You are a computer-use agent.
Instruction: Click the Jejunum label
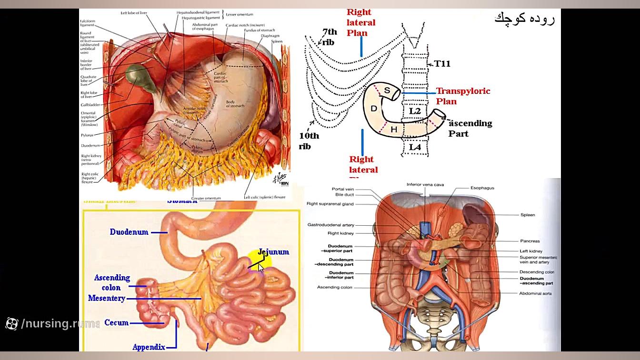pyautogui.click(x=273, y=252)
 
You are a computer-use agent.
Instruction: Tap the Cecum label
pyautogui.click(x=116, y=323)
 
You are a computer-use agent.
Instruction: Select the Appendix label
pyautogui.click(x=149, y=347)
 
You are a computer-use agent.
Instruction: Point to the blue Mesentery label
pyautogui.click(x=107, y=298)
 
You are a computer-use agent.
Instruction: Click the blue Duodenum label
pyautogui.click(x=129, y=232)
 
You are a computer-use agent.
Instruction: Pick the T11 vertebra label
pyautogui.click(x=442, y=64)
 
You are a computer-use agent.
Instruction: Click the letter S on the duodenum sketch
pyautogui.click(x=387, y=90)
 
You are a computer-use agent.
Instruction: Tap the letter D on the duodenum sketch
pyautogui.click(x=374, y=109)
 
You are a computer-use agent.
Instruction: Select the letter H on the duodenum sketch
pyautogui.click(x=394, y=130)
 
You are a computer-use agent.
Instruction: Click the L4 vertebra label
pyautogui.click(x=415, y=147)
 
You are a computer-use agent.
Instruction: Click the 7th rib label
pyautogui.click(x=329, y=37)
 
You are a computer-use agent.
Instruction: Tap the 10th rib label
pyautogui.click(x=309, y=141)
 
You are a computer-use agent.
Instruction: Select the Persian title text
pyautogui.click(x=524, y=19)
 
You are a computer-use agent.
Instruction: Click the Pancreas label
pyautogui.click(x=530, y=241)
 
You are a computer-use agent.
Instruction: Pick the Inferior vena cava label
pyautogui.click(x=425, y=185)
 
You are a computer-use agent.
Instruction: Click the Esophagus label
pyautogui.click(x=482, y=188)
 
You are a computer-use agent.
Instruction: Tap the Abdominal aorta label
pyautogui.click(x=535, y=293)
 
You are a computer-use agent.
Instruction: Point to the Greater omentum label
pyautogui.click(x=206, y=198)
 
